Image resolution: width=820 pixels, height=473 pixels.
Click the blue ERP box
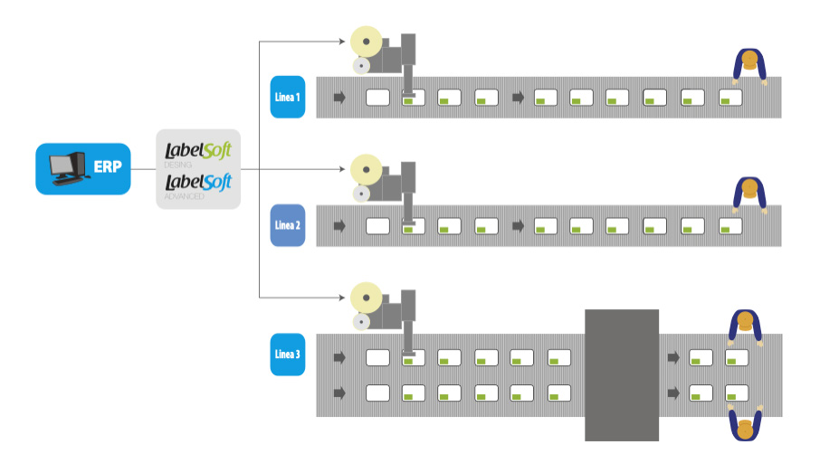(x=82, y=168)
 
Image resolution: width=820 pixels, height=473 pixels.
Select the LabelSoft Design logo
(x=198, y=151)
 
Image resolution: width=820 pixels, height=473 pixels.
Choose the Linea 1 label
(x=288, y=97)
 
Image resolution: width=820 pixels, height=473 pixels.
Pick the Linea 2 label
(x=288, y=225)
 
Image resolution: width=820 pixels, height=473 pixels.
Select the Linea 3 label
(x=288, y=354)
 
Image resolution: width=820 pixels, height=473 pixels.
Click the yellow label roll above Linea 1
(x=367, y=41)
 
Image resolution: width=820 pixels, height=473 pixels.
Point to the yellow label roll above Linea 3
(x=367, y=297)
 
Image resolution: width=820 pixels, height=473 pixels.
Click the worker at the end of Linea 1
(x=749, y=65)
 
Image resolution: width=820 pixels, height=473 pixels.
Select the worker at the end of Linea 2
(x=749, y=194)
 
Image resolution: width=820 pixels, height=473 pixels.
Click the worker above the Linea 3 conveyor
(x=745, y=325)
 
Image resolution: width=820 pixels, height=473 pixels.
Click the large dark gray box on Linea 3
(x=621, y=374)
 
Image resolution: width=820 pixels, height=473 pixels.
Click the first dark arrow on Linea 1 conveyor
(x=339, y=97)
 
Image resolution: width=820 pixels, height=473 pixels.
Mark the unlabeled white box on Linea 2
(x=377, y=225)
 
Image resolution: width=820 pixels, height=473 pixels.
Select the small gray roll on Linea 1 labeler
(x=362, y=66)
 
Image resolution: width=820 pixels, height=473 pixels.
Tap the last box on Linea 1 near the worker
(x=730, y=97)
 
